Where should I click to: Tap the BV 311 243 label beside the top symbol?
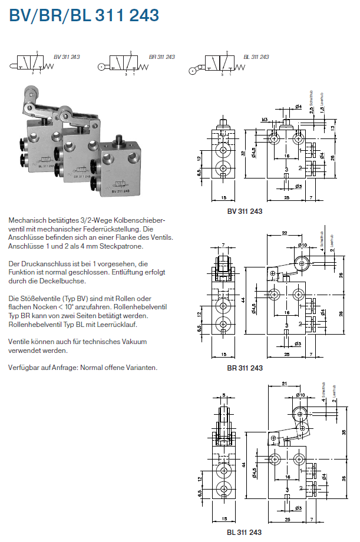pyautogui.click(x=67, y=57)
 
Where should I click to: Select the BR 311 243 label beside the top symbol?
pyautogui.click(x=162, y=57)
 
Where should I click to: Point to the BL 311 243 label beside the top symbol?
pyautogui.click(x=256, y=57)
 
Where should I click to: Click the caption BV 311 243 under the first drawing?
pyautogui.click(x=245, y=211)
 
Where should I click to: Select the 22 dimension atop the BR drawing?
pyautogui.click(x=284, y=233)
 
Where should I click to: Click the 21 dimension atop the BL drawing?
pyautogui.click(x=285, y=384)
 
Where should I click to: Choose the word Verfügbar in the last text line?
pyautogui.click(x=24, y=368)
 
